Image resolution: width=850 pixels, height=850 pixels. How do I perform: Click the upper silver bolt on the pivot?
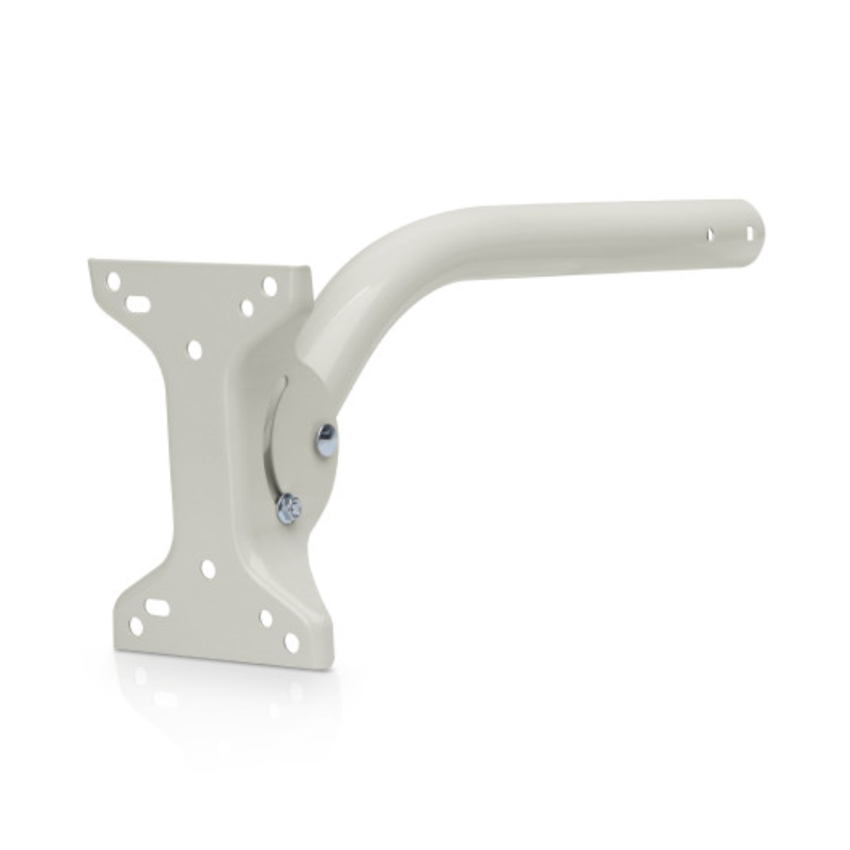tap(326, 439)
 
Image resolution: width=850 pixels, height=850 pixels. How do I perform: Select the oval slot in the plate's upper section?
tap(138, 303)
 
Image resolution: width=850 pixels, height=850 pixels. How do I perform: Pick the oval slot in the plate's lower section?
tap(157, 608)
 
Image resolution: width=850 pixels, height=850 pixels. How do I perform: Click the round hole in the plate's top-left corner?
tap(113, 280)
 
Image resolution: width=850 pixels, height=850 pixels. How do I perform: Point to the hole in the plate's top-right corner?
tap(269, 286)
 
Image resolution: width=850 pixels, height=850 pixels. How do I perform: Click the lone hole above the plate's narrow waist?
tap(195, 349)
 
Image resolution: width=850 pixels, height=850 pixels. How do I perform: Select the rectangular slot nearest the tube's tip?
tap(749, 232)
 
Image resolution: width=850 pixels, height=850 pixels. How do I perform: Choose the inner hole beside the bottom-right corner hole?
tap(266, 618)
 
